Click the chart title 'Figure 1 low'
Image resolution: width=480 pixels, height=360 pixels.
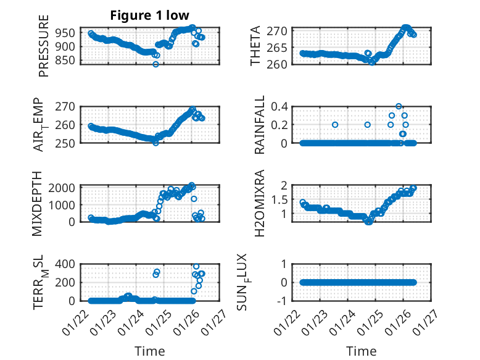click(x=150, y=15)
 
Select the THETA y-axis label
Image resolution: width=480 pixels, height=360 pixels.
click(x=255, y=46)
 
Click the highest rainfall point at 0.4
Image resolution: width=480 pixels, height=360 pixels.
click(x=399, y=106)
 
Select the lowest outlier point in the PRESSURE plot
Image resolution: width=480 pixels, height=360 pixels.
click(x=155, y=64)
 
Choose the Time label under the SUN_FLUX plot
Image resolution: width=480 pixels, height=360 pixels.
click(x=362, y=351)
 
